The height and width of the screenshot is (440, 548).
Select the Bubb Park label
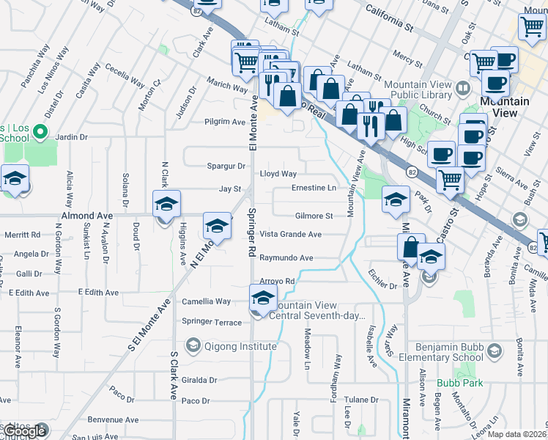pos(459,383)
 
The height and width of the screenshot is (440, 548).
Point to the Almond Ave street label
pos(87,216)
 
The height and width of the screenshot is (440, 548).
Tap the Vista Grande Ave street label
pos(291,234)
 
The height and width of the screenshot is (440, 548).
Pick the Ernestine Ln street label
pos(314,188)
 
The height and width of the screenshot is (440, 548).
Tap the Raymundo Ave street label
pos(286,258)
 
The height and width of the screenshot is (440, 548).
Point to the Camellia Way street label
pos(207,301)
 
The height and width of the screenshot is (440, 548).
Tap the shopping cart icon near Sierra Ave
pos(450,178)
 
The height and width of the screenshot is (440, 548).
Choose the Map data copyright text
pos(517,434)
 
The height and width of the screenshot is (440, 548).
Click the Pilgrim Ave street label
pos(224,122)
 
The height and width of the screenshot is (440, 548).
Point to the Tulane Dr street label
pos(362,400)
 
